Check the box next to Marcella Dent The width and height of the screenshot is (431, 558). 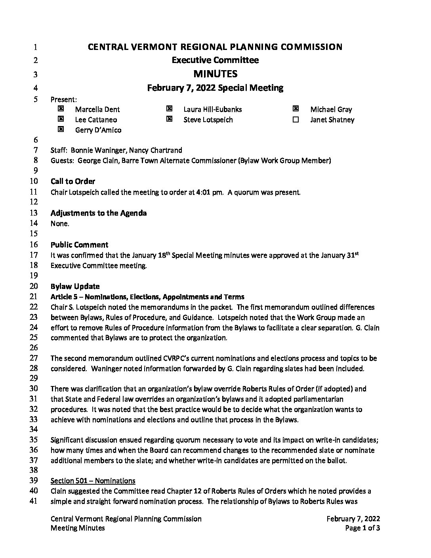click(61, 109)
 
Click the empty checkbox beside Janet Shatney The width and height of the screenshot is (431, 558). click(296, 119)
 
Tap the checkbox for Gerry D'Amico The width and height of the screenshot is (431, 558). click(61, 129)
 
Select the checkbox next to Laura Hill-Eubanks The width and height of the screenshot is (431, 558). click(169, 109)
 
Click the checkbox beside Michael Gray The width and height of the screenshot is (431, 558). click(296, 109)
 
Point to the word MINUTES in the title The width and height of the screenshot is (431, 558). click(215, 74)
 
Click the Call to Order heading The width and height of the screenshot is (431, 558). click(73, 182)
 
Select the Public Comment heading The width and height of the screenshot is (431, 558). click(79, 245)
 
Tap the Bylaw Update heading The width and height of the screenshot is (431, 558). click(75, 286)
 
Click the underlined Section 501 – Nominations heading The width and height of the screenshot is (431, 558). click(93, 481)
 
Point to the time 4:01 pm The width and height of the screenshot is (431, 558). click(207, 193)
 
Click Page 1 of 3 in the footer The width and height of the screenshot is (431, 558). click(362, 528)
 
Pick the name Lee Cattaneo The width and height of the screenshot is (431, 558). click(96, 120)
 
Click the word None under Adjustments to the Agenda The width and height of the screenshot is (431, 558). click(60, 224)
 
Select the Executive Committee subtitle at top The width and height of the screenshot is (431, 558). click(215, 60)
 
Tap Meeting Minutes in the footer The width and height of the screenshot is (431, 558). click(78, 528)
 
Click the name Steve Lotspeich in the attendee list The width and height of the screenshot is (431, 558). click(208, 120)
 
